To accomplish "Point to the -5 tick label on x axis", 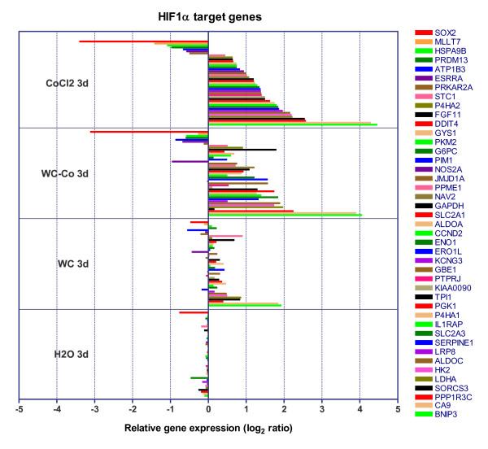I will tap(19, 409).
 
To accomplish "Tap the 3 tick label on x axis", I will tap(322, 409).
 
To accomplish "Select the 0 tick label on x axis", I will tap(209, 409).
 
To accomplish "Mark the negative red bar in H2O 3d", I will tap(194, 312).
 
